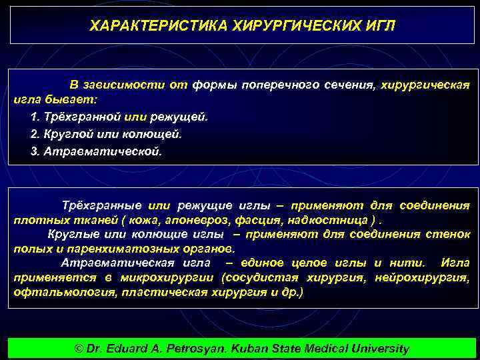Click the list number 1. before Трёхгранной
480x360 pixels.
[x=36, y=117]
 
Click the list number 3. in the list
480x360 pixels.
[x=36, y=151]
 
